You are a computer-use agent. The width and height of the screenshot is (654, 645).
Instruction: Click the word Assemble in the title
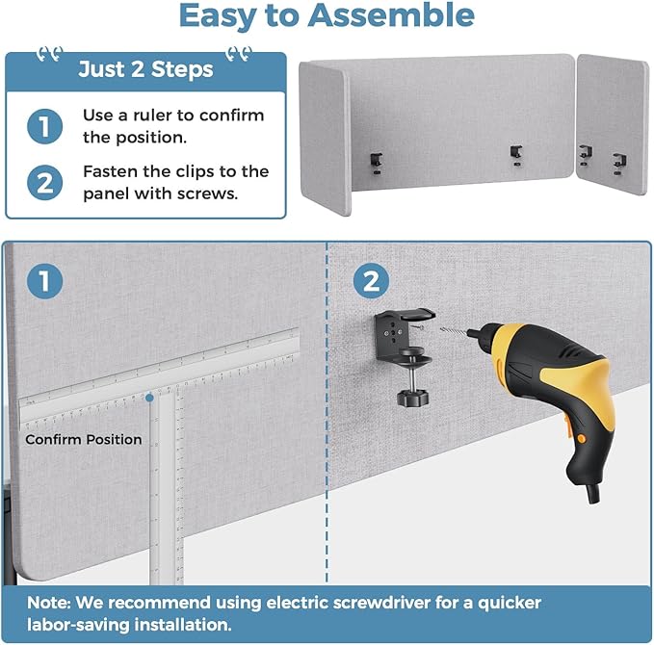click(391, 15)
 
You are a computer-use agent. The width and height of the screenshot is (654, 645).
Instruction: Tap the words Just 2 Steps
click(145, 69)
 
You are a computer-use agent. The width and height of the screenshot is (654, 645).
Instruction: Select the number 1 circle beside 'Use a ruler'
click(44, 127)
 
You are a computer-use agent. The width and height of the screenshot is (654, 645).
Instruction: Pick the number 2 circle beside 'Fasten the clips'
click(44, 183)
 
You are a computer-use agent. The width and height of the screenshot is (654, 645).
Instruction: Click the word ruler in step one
click(151, 116)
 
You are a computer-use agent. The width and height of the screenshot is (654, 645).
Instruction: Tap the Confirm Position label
click(84, 439)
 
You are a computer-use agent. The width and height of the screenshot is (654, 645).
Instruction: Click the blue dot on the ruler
click(149, 399)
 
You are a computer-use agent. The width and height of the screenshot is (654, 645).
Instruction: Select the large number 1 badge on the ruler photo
click(44, 281)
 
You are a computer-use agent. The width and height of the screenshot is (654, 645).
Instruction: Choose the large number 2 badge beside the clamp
click(371, 280)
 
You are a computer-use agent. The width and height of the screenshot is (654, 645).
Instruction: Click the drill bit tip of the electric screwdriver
click(442, 329)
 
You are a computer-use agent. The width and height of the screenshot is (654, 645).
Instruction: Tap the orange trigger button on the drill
click(580, 439)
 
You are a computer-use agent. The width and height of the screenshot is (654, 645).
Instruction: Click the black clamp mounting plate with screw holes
click(391, 335)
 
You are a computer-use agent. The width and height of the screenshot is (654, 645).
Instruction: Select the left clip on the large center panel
click(377, 164)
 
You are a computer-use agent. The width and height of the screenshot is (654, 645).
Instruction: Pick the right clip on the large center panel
click(516, 156)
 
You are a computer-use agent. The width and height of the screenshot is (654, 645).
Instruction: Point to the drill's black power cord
click(593, 493)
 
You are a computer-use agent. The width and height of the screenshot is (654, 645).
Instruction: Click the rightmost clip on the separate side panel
click(619, 164)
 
